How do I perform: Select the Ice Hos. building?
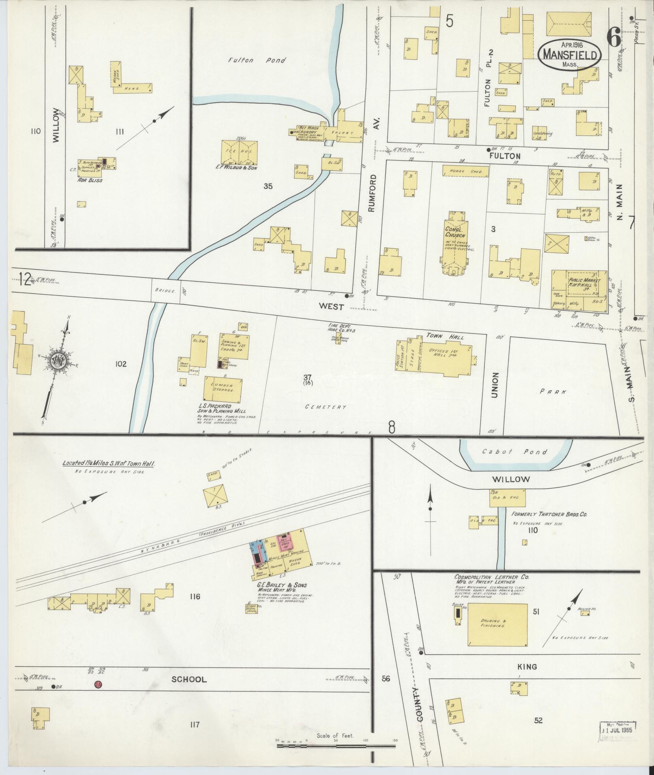[239, 152]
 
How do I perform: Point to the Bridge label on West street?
[165, 290]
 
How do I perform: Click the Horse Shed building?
[465, 171]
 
